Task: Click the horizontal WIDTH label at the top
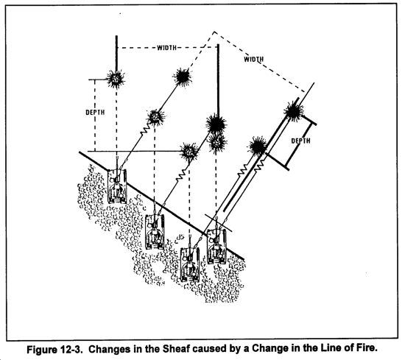tap(167, 48)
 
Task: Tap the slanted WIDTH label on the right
tap(254, 60)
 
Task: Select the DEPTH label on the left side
tap(95, 113)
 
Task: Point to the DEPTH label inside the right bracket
tap(300, 141)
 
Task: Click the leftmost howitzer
tap(117, 186)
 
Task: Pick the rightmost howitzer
tap(217, 246)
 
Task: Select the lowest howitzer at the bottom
tap(190, 264)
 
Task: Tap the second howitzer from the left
tap(155, 231)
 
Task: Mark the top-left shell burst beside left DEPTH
tap(116, 79)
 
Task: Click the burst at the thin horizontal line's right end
tap(190, 152)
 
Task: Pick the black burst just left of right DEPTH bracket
tap(257, 146)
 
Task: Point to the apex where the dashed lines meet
tap(214, 32)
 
